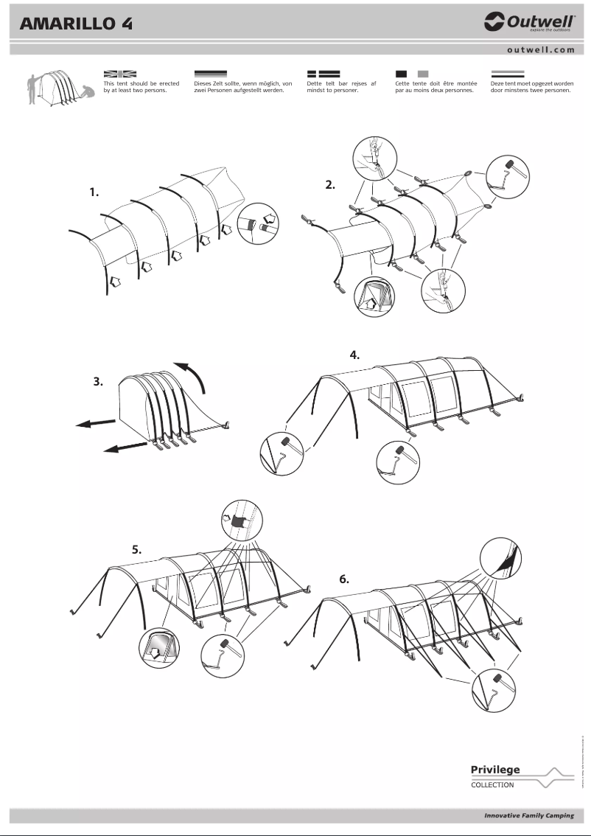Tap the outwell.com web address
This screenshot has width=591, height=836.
coord(540,50)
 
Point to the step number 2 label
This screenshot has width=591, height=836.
coord(330,185)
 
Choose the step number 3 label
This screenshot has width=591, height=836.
coord(97,382)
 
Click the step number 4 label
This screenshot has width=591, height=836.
coord(354,354)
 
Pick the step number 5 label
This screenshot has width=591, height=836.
coord(136,549)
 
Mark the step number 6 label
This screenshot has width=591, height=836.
coord(344,579)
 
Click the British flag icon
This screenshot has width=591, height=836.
coord(120,74)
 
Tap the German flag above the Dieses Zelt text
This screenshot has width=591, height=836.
coord(210,74)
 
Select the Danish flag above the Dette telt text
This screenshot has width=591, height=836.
coord(323,74)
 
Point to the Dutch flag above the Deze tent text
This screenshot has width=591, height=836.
coord(508,74)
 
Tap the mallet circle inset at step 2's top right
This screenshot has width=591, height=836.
coord(507,175)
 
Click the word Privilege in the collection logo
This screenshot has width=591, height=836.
coord(495,770)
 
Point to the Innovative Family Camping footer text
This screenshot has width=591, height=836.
coord(528,815)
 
